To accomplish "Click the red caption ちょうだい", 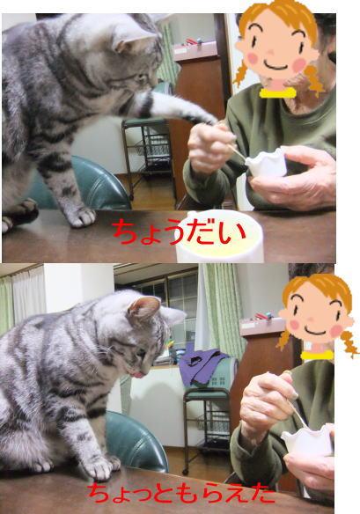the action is coord(179,232).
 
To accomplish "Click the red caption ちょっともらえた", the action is coord(180,494).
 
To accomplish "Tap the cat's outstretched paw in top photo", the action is coord(200,116).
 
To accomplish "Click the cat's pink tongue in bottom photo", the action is coord(138,374).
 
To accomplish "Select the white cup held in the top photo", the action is coord(266,163).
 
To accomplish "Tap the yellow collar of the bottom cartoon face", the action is coord(317,355).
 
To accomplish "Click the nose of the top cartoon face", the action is coord(271,53).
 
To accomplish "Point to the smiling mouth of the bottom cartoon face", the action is coord(315,331).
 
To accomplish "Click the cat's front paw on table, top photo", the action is coord(80,217).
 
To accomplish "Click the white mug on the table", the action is coord(220,237).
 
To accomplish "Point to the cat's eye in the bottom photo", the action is coord(142,352).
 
